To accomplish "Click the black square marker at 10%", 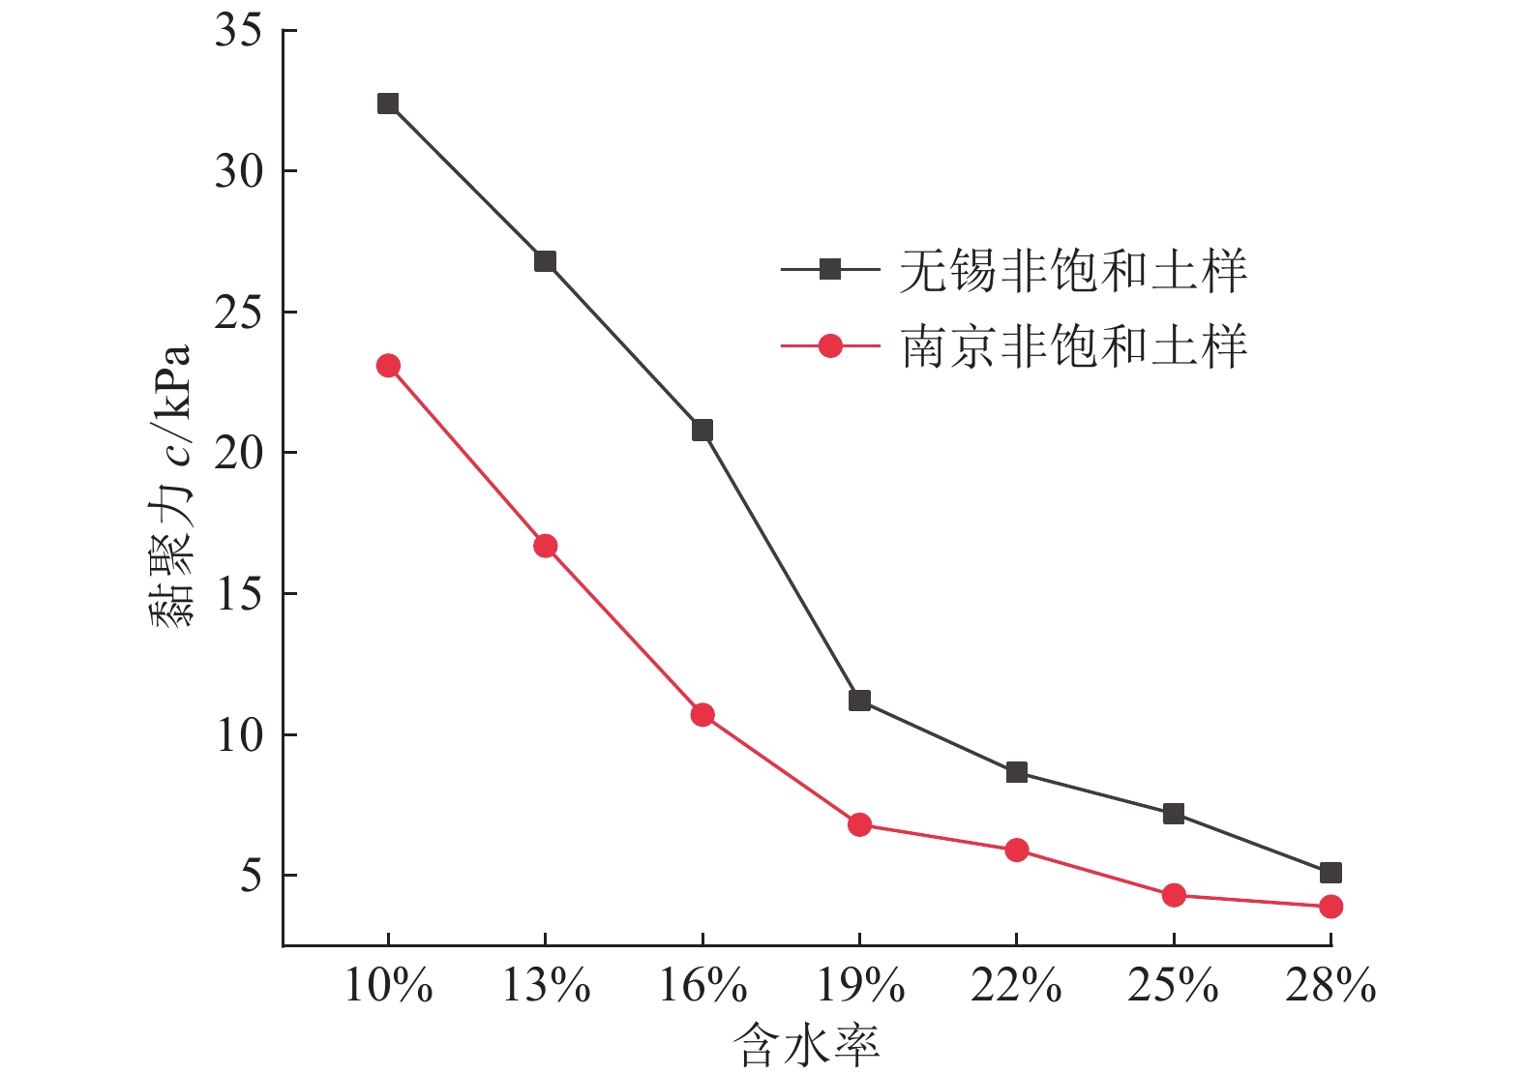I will point(388,104).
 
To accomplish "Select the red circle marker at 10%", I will point(388,366).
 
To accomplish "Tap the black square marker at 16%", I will point(702,430).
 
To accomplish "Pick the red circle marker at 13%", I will point(546,546).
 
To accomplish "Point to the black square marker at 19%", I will point(859,700).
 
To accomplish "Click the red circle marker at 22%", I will point(1016,850).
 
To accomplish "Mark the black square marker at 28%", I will point(1330,873).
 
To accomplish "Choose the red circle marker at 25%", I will point(1174,895).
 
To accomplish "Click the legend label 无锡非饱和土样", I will point(1073,270).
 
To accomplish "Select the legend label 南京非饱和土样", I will point(1073,346).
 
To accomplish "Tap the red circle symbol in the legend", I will point(830,346).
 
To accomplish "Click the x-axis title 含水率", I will point(806,1047).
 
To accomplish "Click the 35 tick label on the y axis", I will point(238,30).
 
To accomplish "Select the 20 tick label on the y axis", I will point(238,453).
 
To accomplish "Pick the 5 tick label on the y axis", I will point(251,876).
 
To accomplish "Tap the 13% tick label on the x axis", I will point(546,986).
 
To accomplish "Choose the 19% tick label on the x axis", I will point(860,986).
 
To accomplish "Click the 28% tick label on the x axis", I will point(1330,986).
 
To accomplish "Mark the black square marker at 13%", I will point(546,261).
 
